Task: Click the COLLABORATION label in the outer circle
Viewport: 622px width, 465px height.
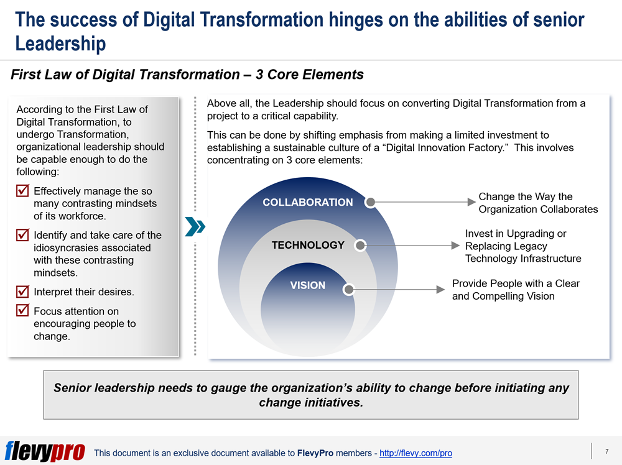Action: click(x=307, y=202)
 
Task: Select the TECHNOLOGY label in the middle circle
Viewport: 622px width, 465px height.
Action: click(x=308, y=245)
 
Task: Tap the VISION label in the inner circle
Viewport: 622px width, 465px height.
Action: click(x=307, y=285)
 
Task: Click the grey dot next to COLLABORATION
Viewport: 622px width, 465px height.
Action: click(x=370, y=202)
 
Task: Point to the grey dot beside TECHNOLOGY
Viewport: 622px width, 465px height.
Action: click(x=360, y=246)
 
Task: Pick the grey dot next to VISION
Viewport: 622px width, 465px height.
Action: click(x=349, y=290)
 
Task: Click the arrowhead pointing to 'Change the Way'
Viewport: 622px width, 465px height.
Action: click(x=471, y=202)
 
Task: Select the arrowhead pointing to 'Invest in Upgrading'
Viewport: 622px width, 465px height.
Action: click(x=455, y=246)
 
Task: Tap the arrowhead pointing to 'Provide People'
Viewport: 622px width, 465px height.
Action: click(x=440, y=290)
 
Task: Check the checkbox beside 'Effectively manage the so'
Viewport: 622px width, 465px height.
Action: click(x=22, y=190)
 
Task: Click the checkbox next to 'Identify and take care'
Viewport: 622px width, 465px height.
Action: click(x=22, y=235)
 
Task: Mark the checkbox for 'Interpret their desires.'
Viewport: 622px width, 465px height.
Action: click(x=22, y=292)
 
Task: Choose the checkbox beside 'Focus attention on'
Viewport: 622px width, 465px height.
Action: click(x=22, y=310)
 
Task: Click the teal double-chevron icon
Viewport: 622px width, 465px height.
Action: click(x=195, y=227)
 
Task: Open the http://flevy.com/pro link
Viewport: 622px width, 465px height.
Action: click(x=415, y=453)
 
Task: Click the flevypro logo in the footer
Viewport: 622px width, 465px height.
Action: click(x=45, y=451)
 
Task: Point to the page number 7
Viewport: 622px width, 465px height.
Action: click(x=607, y=451)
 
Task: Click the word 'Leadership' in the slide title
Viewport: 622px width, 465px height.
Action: click(x=61, y=44)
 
